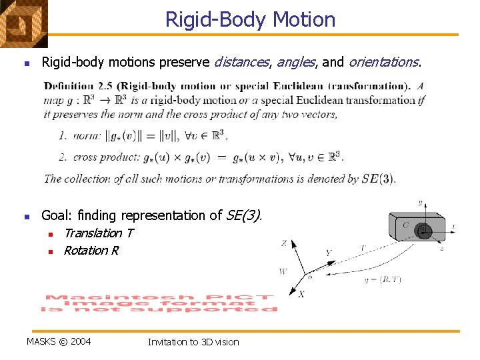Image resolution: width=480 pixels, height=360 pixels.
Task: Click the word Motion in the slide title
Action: (x=305, y=19)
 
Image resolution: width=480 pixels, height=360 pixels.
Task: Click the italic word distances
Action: (x=241, y=62)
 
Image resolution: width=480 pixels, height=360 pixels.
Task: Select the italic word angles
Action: (x=296, y=62)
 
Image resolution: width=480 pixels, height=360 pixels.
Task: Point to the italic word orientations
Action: (x=384, y=62)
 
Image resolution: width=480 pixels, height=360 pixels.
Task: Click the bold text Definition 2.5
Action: (x=81, y=86)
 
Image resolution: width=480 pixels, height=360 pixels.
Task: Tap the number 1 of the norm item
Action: (x=62, y=136)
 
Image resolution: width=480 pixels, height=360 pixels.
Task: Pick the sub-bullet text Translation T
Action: (x=98, y=233)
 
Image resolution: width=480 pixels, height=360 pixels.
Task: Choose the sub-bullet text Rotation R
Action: (x=91, y=251)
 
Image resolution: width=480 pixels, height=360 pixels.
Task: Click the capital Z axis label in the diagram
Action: (x=284, y=243)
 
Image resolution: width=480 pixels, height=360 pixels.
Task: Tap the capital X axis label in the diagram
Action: (x=301, y=294)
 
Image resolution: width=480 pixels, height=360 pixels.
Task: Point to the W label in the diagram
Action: (x=283, y=271)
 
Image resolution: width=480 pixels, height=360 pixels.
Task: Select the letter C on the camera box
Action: (x=405, y=225)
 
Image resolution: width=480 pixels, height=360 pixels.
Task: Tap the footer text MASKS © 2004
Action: (x=59, y=342)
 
